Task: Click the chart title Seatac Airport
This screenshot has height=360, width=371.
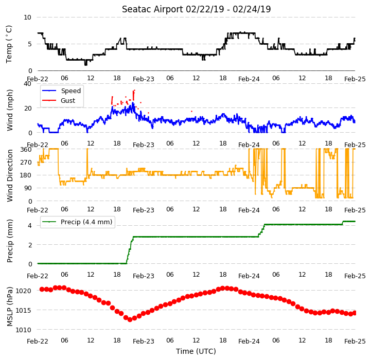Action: (152, 9)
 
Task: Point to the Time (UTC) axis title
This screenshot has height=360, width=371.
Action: (196, 351)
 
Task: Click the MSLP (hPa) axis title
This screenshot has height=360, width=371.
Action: (10, 307)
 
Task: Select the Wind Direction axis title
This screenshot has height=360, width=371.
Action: (10, 175)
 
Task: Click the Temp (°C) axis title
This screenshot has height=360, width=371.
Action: (9, 44)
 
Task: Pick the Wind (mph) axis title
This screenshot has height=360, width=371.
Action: (10, 110)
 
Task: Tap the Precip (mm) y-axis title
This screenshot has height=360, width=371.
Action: (10, 241)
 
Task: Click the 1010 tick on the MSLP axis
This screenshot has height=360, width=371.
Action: (24, 330)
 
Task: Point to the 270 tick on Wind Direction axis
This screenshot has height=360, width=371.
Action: (26, 163)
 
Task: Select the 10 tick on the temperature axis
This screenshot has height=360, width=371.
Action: (27, 17)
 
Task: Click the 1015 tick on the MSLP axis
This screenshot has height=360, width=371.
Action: (24, 310)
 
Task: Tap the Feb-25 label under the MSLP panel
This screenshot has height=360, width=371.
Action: (355, 341)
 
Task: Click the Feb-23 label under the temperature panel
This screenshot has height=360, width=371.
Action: (144, 79)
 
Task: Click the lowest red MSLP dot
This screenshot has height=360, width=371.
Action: (130, 319)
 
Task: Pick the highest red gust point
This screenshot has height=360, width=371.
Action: (134, 90)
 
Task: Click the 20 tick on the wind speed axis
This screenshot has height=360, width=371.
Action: (28, 109)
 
